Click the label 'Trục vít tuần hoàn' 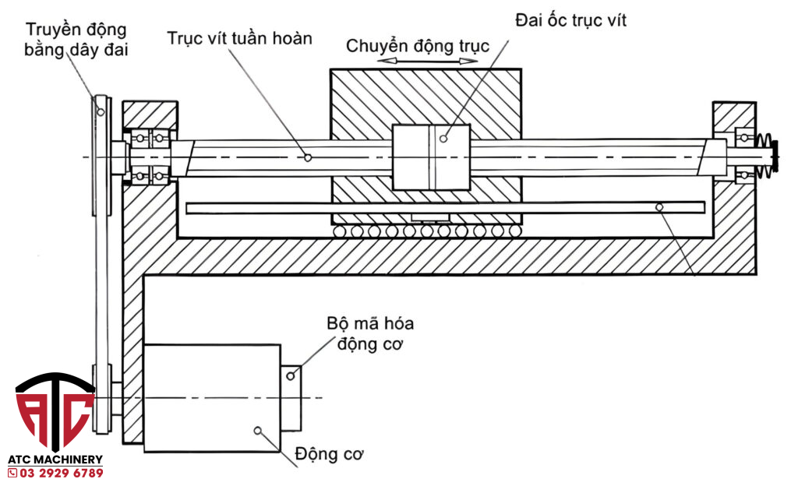[240, 37]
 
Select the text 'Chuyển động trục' [418, 46]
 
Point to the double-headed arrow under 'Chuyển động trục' [418, 60]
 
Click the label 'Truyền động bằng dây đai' [76, 39]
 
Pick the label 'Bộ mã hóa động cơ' [370, 333]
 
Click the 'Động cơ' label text [330, 454]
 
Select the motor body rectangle [212, 397]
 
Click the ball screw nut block [431, 157]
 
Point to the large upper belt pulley [101, 156]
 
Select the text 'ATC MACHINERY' [55, 460]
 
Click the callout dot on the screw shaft [308, 157]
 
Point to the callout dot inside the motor [258, 429]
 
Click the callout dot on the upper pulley [101, 111]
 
